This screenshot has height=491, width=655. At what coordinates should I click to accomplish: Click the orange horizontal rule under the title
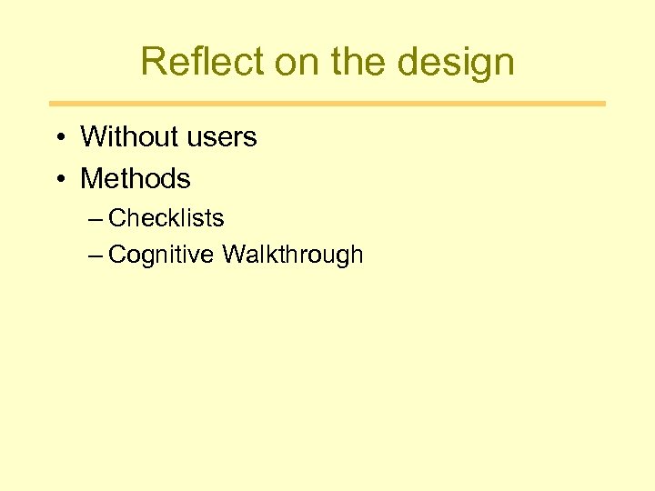tap(327, 104)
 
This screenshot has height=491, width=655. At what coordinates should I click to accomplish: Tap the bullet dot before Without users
tap(59, 138)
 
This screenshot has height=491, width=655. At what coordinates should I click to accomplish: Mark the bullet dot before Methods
tap(59, 179)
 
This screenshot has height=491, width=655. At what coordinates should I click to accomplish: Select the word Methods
tap(136, 178)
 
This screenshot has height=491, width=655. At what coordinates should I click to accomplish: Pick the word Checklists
tap(166, 218)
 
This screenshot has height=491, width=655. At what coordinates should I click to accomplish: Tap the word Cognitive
tap(162, 256)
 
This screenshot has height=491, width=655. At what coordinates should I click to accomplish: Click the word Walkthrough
tap(292, 255)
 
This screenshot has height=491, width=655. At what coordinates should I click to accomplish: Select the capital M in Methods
tap(91, 178)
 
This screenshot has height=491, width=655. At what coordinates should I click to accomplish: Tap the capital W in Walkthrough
tap(233, 255)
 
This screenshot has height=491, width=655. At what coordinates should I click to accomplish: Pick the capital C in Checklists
tap(116, 218)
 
